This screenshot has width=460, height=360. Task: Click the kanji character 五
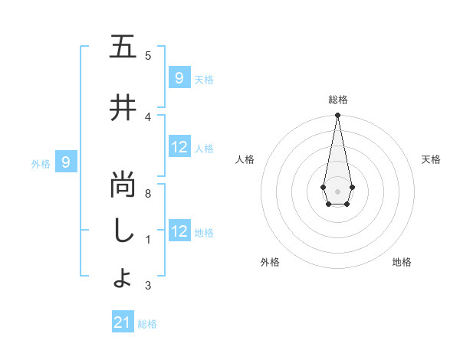coord(123,47)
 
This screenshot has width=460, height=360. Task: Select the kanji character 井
coord(123,108)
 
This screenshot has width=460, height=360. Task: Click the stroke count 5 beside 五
coord(148,55)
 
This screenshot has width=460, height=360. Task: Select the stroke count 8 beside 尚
coord(148,194)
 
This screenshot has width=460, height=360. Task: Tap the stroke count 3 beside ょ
coord(148,286)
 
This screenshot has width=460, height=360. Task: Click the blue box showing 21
coord(123,322)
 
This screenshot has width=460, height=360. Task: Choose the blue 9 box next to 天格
coord(179,78)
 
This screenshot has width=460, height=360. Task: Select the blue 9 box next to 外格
coord(67,162)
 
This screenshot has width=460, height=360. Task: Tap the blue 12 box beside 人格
coord(179,147)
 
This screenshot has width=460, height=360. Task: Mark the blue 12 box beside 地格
coord(179,231)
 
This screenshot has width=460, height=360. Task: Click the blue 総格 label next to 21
coord(147,324)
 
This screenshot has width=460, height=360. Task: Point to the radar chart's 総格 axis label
coord(338,100)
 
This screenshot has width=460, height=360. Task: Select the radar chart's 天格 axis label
coord(431,159)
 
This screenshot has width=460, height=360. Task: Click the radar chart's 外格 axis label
coord(269,262)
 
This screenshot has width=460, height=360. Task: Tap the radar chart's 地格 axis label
coord(402,262)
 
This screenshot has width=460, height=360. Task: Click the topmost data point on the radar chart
coord(337,116)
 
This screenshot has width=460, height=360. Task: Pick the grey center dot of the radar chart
coord(337,190)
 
